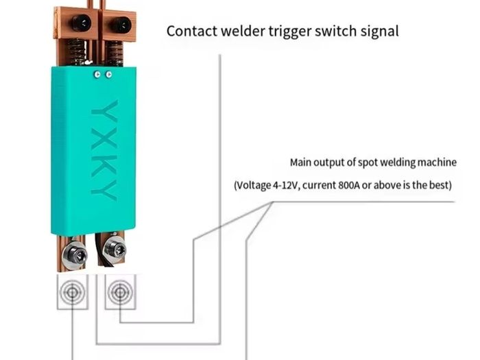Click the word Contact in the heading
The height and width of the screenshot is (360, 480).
pyautogui.click(x=192, y=32)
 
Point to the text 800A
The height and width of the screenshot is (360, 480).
pyautogui.click(x=348, y=185)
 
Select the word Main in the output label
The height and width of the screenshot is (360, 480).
pyautogui.click(x=300, y=163)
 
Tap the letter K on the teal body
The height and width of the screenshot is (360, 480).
pyautogui.click(x=104, y=166)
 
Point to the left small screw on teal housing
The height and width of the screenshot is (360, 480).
pyautogui.click(x=97, y=74)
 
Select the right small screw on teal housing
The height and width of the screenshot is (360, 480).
pyautogui.click(x=108, y=74)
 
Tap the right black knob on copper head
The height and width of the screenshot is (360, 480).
pyautogui.click(x=121, y=25)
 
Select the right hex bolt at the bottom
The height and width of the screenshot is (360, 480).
pyautogui.click(x=115, y=248)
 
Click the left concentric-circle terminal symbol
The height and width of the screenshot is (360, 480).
pyautogui.click(x=72, y=292)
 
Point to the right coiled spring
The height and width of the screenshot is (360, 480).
pyautogui.click(x=115, y=53)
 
